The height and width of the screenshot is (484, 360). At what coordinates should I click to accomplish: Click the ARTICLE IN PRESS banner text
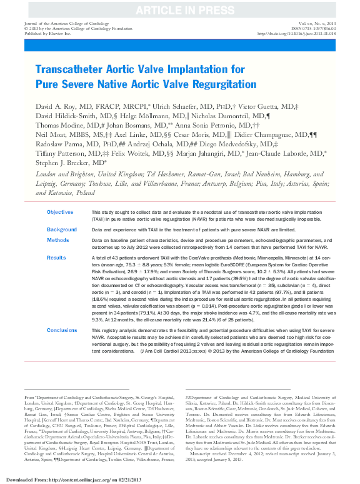point(179,9)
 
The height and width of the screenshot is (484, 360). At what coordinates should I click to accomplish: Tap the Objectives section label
point(60,213)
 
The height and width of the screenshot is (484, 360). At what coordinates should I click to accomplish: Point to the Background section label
point(61,229)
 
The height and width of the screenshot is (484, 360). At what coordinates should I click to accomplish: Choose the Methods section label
point(57,239)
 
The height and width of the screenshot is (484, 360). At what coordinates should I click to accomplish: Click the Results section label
point(56,257)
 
